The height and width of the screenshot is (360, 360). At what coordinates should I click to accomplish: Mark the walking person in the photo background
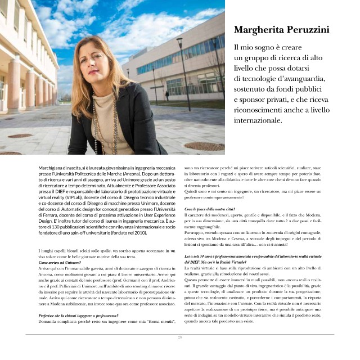(167, 95)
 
